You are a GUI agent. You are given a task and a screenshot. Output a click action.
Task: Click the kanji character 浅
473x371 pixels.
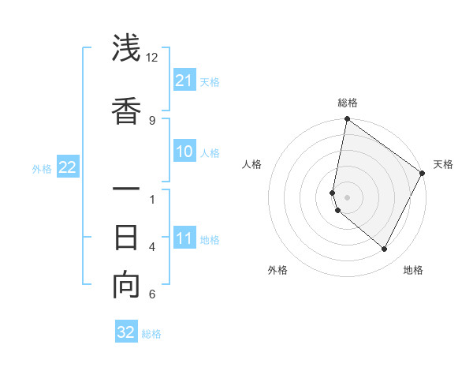pos(126,49)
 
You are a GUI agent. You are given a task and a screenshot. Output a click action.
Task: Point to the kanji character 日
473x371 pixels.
pos(126,237)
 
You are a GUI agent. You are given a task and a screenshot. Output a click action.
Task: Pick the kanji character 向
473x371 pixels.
pos(126,286)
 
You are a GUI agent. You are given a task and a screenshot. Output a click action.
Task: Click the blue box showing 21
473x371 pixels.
pos(184,81)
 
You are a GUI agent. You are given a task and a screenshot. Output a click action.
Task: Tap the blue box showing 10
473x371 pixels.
pos(184,152)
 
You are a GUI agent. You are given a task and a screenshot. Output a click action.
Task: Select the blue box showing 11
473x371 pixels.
pos(184,238)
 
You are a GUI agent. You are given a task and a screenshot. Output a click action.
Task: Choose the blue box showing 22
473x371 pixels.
pos(67,167)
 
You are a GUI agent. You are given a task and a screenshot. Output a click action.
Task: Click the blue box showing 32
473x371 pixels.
pos(126,332)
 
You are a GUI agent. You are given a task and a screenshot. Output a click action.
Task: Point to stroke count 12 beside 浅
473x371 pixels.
pos(152,58)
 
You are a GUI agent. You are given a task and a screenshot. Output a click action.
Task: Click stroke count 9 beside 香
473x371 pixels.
pos(152,120)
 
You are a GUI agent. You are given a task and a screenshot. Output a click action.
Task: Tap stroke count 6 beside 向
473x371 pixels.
pos(152,294)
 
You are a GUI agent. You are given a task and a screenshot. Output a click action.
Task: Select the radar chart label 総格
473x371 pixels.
pos(348,103)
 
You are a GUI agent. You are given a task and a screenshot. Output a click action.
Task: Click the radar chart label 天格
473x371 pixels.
pos(443,164)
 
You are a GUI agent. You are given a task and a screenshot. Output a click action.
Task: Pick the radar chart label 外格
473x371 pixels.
pos(277,270)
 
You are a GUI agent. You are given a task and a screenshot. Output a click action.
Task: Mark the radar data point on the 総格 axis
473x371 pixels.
pos(347,120)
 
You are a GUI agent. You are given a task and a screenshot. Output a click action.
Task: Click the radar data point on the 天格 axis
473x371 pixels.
pos(423,173)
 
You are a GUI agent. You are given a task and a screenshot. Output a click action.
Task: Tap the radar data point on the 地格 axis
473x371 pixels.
pos(385,249)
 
